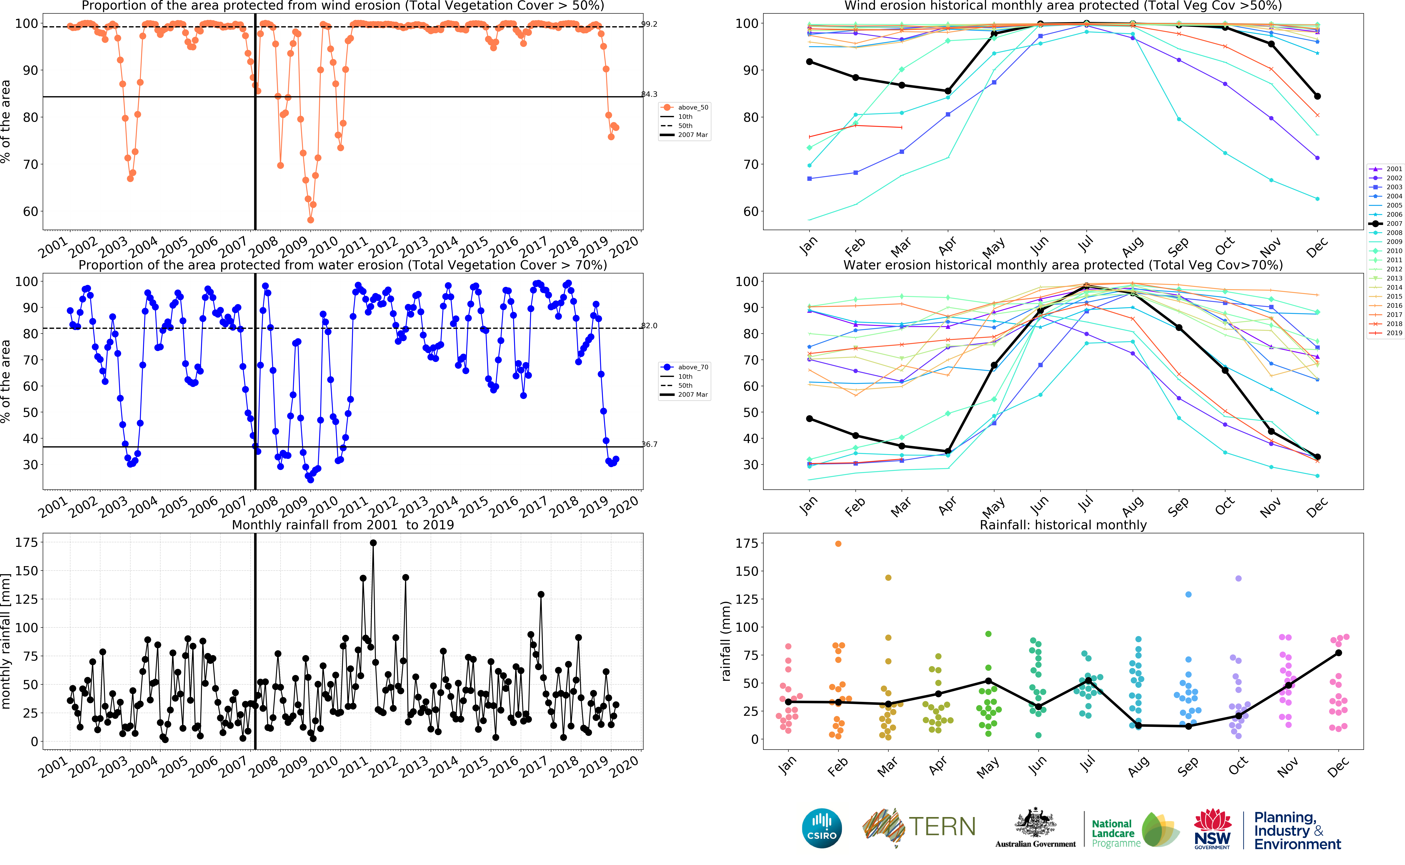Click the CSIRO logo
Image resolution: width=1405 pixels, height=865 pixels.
click(x=822, y=828)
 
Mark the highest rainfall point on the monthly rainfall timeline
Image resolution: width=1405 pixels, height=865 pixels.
click(x=373, y=543)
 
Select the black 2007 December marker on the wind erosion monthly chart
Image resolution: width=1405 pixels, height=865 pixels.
click(x=1317, y=96)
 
